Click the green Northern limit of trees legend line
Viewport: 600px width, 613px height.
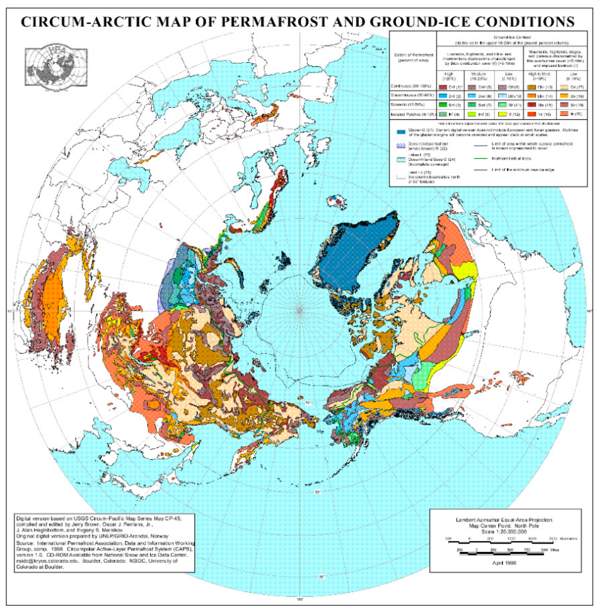point(480,159)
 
